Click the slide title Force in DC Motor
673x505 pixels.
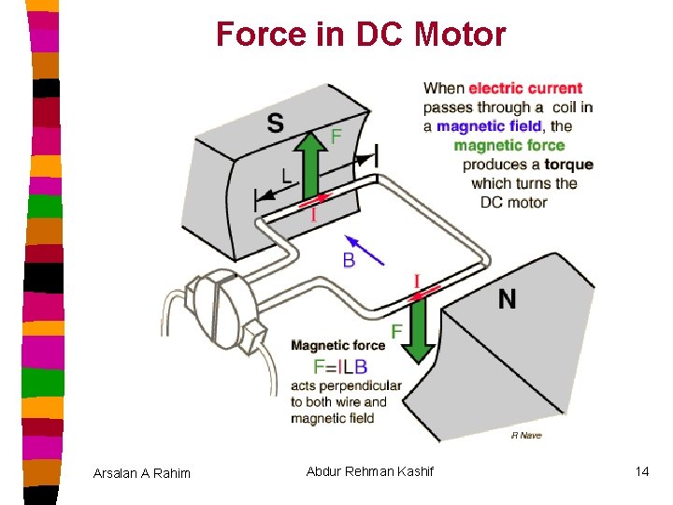tap(361, 35)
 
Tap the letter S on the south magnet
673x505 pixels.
tap(275, 123)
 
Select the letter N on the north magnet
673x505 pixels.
tap(507, 298)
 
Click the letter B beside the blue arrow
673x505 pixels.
tap(349, 260)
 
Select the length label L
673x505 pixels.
tap(286, 174)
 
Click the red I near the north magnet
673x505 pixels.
tap(416, 281)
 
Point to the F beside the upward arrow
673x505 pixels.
tap(336, 137)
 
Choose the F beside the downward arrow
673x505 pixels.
tap(396, 331)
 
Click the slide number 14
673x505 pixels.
tap(641, 471)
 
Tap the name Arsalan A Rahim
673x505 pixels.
tap(142, 473)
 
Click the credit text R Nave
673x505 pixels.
tap(526, 435)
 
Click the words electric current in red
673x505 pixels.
tap(525, 88)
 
